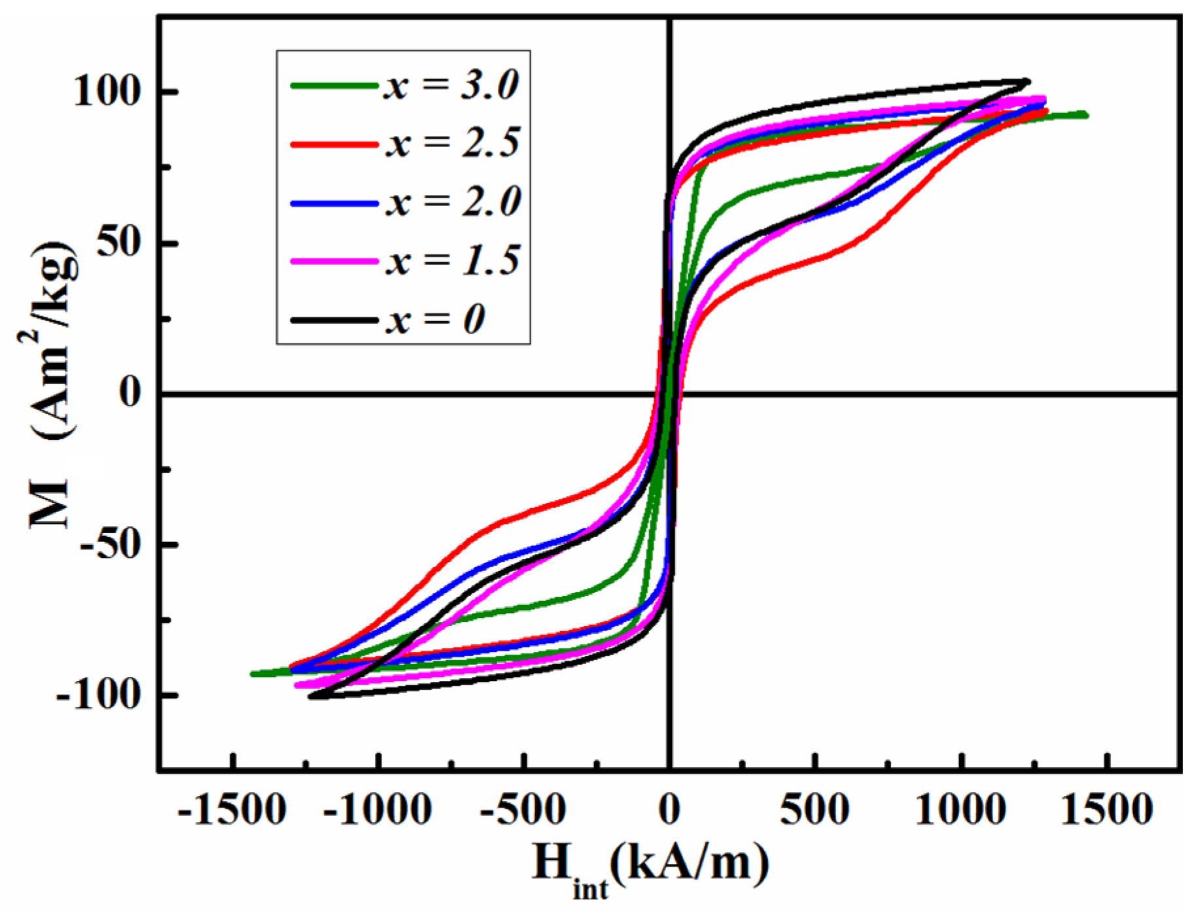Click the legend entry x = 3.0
451,86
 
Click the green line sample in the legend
334,86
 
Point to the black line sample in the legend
334,320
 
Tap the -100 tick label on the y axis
99,694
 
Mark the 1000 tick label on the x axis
959,810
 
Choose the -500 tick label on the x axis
522,810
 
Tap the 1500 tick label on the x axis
1106,810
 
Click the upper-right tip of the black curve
1028,81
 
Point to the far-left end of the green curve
253,674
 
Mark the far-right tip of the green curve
1086,114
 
